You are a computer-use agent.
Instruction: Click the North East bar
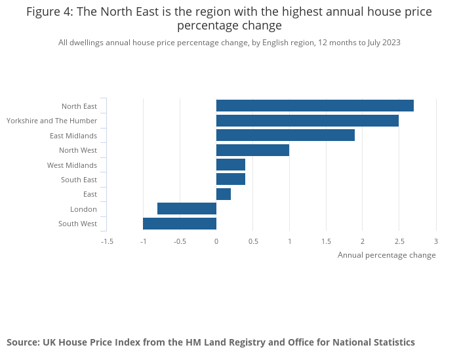tap(315, 106)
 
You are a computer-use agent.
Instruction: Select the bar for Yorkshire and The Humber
tap(308, 121)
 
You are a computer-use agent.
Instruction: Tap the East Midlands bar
tap(285, 135)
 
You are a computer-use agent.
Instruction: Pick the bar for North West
tap(252, 150)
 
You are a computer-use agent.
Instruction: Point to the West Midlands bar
tap(231, 165)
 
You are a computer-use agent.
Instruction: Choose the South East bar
tap(231, 180)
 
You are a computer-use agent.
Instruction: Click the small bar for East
tap(224, 194)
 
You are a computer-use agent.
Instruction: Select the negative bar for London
tap(187, 209)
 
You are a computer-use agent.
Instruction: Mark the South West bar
tap(180, 224)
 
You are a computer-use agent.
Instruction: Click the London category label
tap(83, 209)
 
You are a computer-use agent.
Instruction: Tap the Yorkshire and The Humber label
tap(52, 121)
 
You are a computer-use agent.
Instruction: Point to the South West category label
tap(77, 224)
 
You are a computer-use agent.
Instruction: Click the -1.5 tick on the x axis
tap(107, 241)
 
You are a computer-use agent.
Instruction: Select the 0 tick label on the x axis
tap(216, 241)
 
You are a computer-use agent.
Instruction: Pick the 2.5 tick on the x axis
tap(399, 241)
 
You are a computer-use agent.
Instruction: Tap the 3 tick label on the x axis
tap(435, 241)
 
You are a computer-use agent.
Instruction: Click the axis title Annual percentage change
tap(386, 255)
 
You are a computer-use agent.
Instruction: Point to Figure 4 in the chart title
tap(49, 12)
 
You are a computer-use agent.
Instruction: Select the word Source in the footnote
tap(23, 342)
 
